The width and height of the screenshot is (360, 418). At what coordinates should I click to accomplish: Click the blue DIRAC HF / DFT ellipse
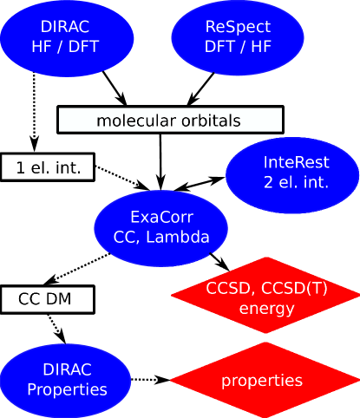(x=67, y=36)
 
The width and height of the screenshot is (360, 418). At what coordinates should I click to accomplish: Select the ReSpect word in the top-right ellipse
(x=239, y=27)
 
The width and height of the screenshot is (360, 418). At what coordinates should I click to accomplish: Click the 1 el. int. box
(x=48, y=167)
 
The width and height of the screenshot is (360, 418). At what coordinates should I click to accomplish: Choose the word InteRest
(x=297, y=162)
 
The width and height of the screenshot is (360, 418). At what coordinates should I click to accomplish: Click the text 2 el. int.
(x=297, y=182)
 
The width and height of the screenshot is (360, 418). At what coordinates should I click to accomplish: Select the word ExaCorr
(x=160, y=217)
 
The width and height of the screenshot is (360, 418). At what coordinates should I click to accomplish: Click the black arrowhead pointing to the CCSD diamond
(x=222, y=264)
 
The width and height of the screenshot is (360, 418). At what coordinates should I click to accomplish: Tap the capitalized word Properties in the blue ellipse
(x=67, y=389)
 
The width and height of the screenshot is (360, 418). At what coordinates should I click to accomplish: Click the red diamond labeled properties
(x=261, y=380)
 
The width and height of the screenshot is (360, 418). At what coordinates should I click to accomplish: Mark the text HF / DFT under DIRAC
(x=67, y=47)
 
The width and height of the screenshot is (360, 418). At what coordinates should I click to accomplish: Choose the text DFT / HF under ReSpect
(x=239, y=47)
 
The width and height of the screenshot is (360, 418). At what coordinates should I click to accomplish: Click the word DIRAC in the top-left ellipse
(x=67, y=27)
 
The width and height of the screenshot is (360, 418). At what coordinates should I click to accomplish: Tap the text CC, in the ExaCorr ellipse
(x=127, y=236)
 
